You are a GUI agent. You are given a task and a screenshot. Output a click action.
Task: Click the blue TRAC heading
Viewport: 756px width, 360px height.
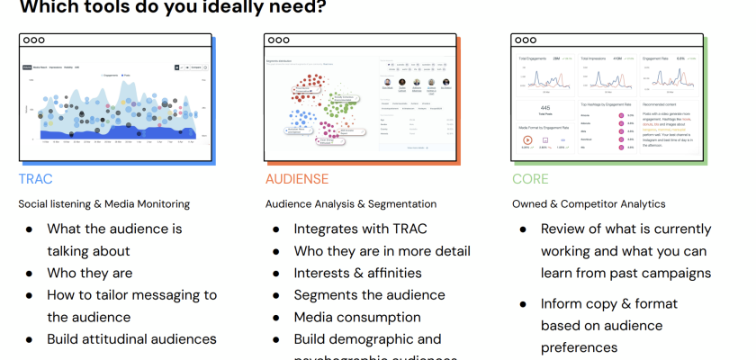[35, 179]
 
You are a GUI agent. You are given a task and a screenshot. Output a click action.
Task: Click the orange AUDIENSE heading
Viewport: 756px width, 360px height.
[296, 179]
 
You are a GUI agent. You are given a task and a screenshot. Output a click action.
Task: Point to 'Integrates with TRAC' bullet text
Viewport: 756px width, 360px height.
[358, 229]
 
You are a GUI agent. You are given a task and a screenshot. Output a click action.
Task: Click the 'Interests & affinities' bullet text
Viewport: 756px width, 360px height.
[357, 273]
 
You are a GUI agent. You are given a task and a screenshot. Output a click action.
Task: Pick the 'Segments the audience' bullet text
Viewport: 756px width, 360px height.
[369, 294]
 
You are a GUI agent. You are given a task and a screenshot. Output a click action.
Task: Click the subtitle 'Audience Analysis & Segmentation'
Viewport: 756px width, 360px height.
[350, 204]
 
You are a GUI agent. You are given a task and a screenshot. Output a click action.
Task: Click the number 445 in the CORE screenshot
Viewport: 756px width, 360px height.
[546, 106]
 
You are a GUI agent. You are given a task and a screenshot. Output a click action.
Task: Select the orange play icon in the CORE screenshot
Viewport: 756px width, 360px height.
[526, 141]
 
